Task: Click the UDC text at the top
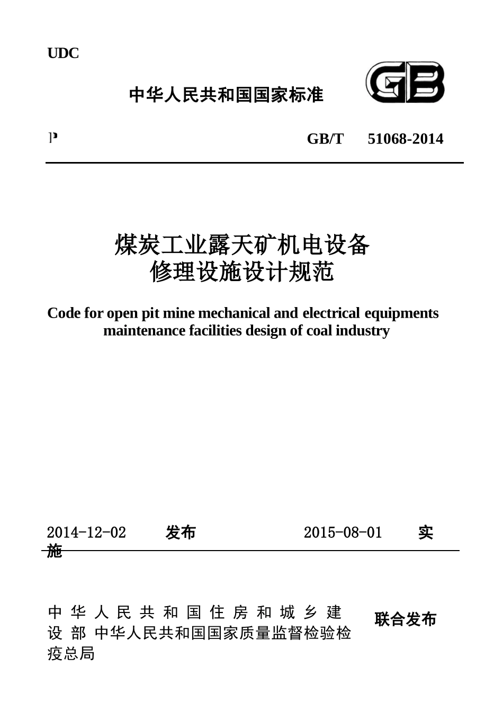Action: click(63, 53)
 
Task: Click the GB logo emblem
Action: click(405, 83)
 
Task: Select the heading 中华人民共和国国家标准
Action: click(226, 95)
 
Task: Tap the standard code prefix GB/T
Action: click(325, 139)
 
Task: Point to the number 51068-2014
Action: click(405, 139)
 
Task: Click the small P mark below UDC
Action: click(52, 138)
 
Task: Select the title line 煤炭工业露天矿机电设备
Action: click(242, 245)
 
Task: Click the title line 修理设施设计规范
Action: click(242, 272)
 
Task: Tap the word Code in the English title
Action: click(64, 313)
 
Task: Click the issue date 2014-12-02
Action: click(86, 533)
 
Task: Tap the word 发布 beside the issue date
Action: click(181, 533)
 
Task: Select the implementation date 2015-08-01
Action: click(343, 533)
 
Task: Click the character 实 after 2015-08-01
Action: click(426, 533)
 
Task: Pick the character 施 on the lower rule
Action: click(55, 551)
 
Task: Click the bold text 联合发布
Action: click(405, 619)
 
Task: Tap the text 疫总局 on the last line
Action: click(71, 654)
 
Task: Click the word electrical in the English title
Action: click(331, 313)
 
